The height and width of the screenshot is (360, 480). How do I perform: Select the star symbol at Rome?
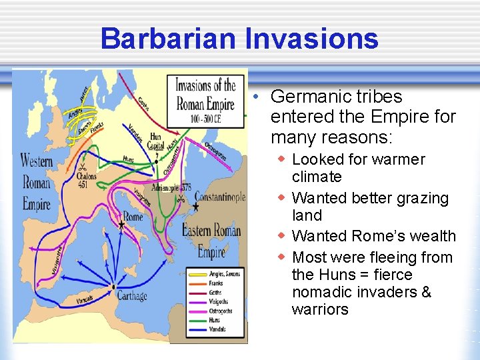click(x=121, y=227)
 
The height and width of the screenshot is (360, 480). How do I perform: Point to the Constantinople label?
click(x=220, y=197)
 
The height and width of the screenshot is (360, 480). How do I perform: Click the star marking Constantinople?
click(x=196, y=208)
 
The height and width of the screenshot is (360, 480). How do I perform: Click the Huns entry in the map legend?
click(x=216, y=320)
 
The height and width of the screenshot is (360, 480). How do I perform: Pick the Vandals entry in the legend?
click(x=218, y=329)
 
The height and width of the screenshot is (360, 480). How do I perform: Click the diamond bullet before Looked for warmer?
click(x=283, y=159)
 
